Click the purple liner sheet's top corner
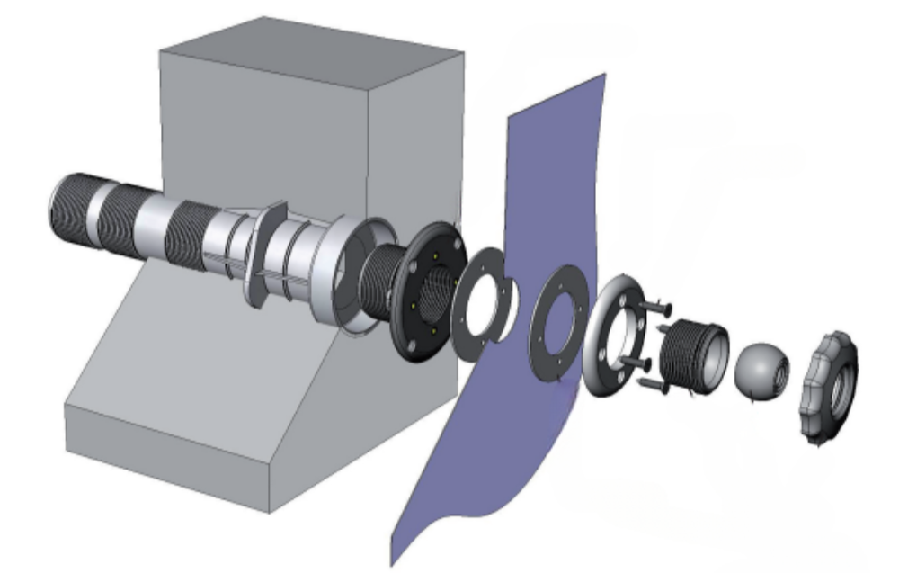601,79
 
